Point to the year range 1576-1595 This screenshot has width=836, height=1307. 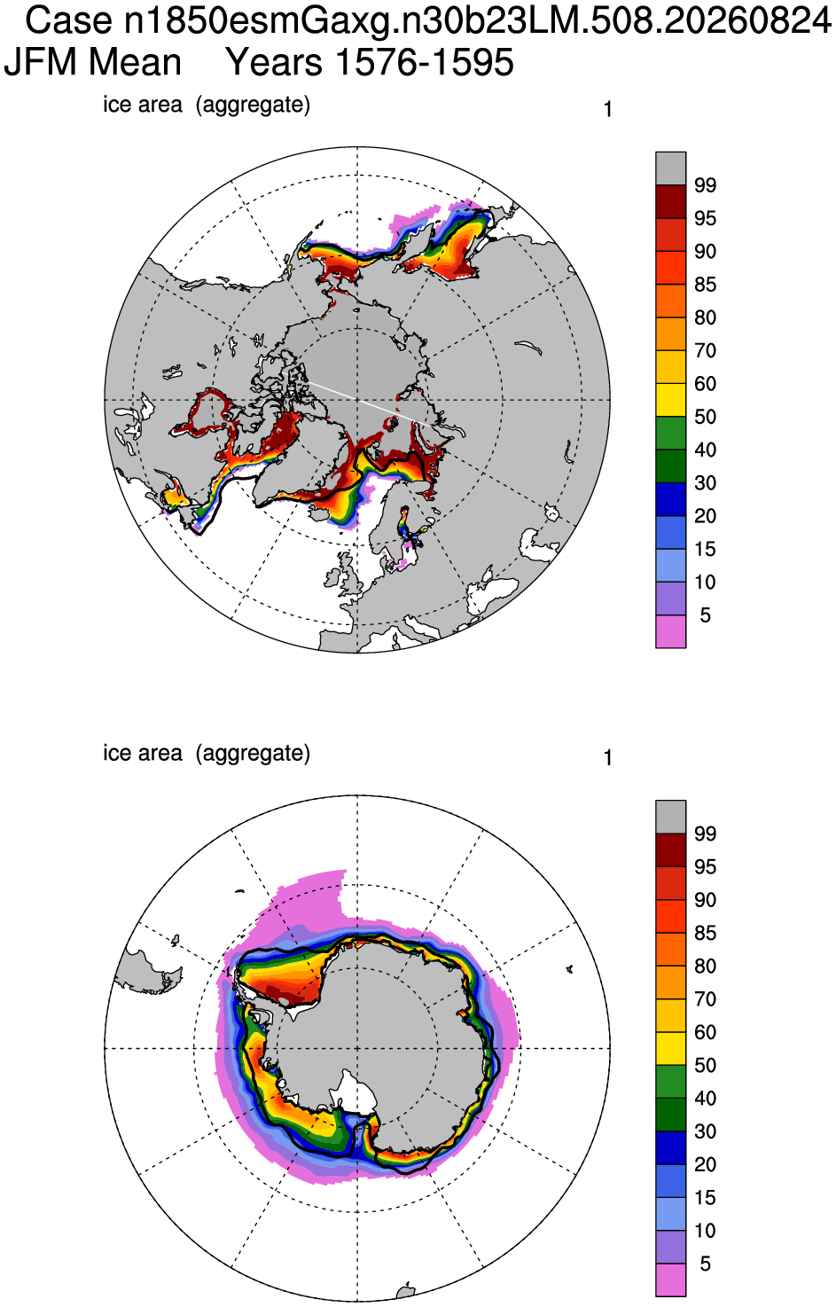click(425, 62)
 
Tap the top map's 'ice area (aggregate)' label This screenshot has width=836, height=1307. click(207, 105)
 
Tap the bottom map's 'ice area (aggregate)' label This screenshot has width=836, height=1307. click(207, 754)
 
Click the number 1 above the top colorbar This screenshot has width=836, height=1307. click(608, 110)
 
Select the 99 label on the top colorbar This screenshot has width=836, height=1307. click(705, 185)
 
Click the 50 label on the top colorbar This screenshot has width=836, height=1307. click(705, 417)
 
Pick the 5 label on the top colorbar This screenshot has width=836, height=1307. click(705, 615)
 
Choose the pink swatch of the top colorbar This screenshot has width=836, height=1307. click(670, 631)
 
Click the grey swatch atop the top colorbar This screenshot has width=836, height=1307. click(670, 168)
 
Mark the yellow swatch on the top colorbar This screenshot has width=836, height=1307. click(670, 400)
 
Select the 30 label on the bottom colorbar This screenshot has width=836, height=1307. click(705, 1131)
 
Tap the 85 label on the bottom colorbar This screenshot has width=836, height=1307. click(705, 933)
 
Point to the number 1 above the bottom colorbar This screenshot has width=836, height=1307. click(608, 758)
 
